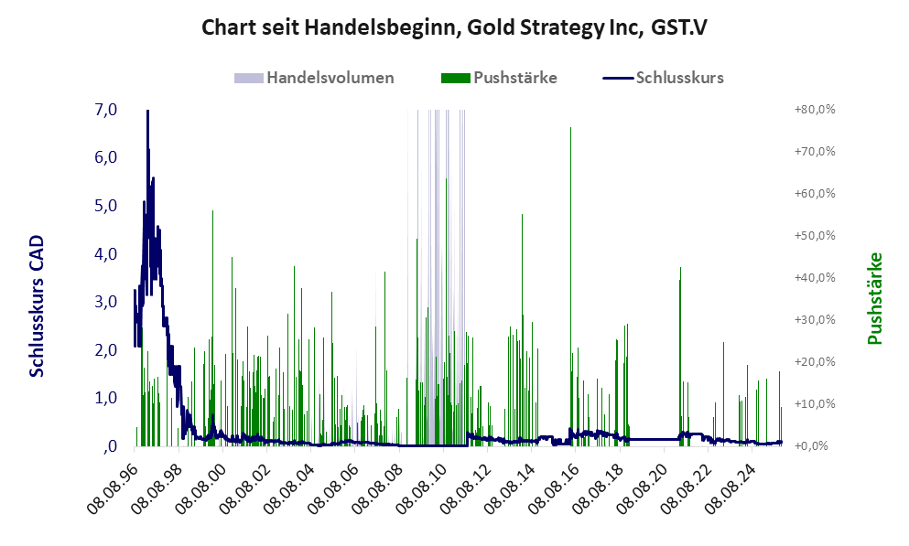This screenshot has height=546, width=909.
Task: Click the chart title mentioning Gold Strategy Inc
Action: pyautogui.click(x=454, y=27)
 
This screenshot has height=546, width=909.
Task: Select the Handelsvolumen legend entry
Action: pyautogui.click(x=330, y=78)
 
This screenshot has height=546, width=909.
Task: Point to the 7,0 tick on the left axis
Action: pyautogui.click(x=106, y=110)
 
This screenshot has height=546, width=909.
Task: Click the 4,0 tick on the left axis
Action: pyautogui.click(x=106, y=254)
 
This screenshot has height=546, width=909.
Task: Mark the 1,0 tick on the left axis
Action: pyautogui.click(x=106, y=398)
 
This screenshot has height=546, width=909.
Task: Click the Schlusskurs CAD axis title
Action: pyautogui.click(x=38, y=306)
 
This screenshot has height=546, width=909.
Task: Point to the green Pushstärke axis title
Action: pyautogui.click(x=875, y=298)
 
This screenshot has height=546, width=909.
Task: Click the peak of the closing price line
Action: pyautogui.click(x=147, y=112)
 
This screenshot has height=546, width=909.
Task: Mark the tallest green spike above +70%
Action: pyautogui.click(x=571, y=129)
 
